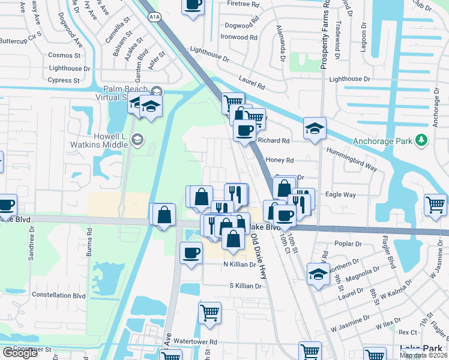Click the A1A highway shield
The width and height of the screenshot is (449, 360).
(154, 3)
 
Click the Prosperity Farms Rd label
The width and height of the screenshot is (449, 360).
(324, 36)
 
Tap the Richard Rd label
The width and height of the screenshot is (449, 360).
(274, 140)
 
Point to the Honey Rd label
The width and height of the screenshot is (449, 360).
(279, 160)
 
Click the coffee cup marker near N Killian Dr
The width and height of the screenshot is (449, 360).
(191, 252)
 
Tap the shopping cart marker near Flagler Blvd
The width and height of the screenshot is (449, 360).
(435, 205)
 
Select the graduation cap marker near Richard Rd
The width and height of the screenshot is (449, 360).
(315, 128)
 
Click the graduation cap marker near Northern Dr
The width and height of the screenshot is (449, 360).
(318, 274)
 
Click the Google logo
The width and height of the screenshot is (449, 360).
(20, 353)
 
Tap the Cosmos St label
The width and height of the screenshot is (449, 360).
(65, 55)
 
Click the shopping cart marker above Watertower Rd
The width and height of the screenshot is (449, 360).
(209, 312)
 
